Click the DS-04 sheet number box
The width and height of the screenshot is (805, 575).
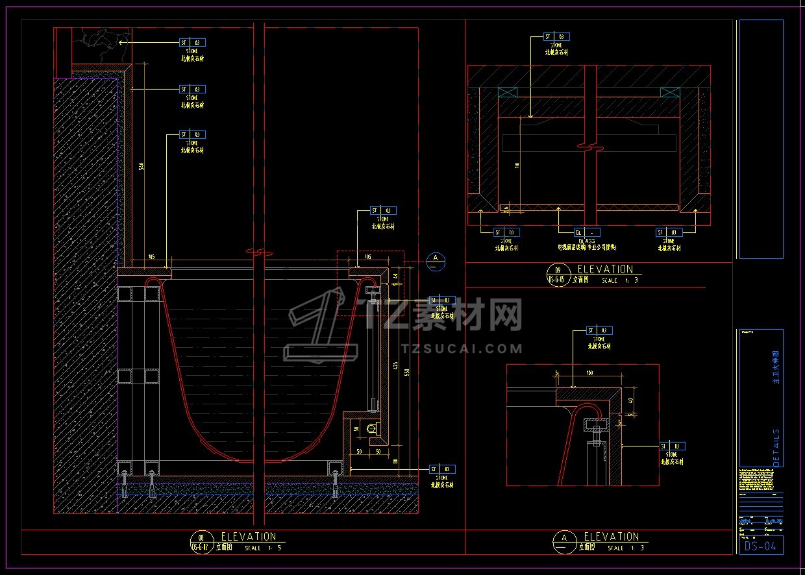click(761, 546)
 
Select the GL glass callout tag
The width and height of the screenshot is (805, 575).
click(587, 232)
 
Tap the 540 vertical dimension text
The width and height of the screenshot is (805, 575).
click(142, 167)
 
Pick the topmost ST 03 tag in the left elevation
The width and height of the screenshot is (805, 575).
click(192, 43)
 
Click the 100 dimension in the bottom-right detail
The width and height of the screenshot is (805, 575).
click(589, 373)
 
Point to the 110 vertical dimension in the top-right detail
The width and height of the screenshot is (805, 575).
click(517, 165)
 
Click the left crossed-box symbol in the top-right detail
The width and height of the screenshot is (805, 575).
click(507, 93)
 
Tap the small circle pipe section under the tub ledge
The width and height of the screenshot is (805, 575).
click(372, 429)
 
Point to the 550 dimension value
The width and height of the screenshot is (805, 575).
click(408, 373)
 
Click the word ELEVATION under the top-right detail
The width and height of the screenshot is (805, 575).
click(605, 269)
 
